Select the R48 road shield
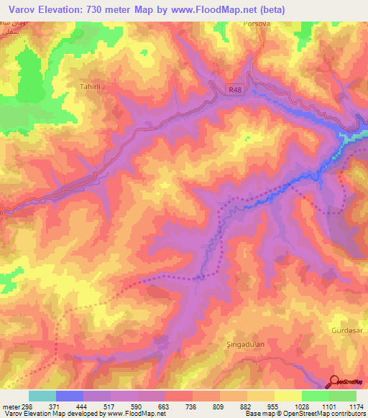click(x=238, y=90)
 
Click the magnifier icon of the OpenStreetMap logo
click(x=335, y=381)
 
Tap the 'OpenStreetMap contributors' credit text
click(x=323, y=414)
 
